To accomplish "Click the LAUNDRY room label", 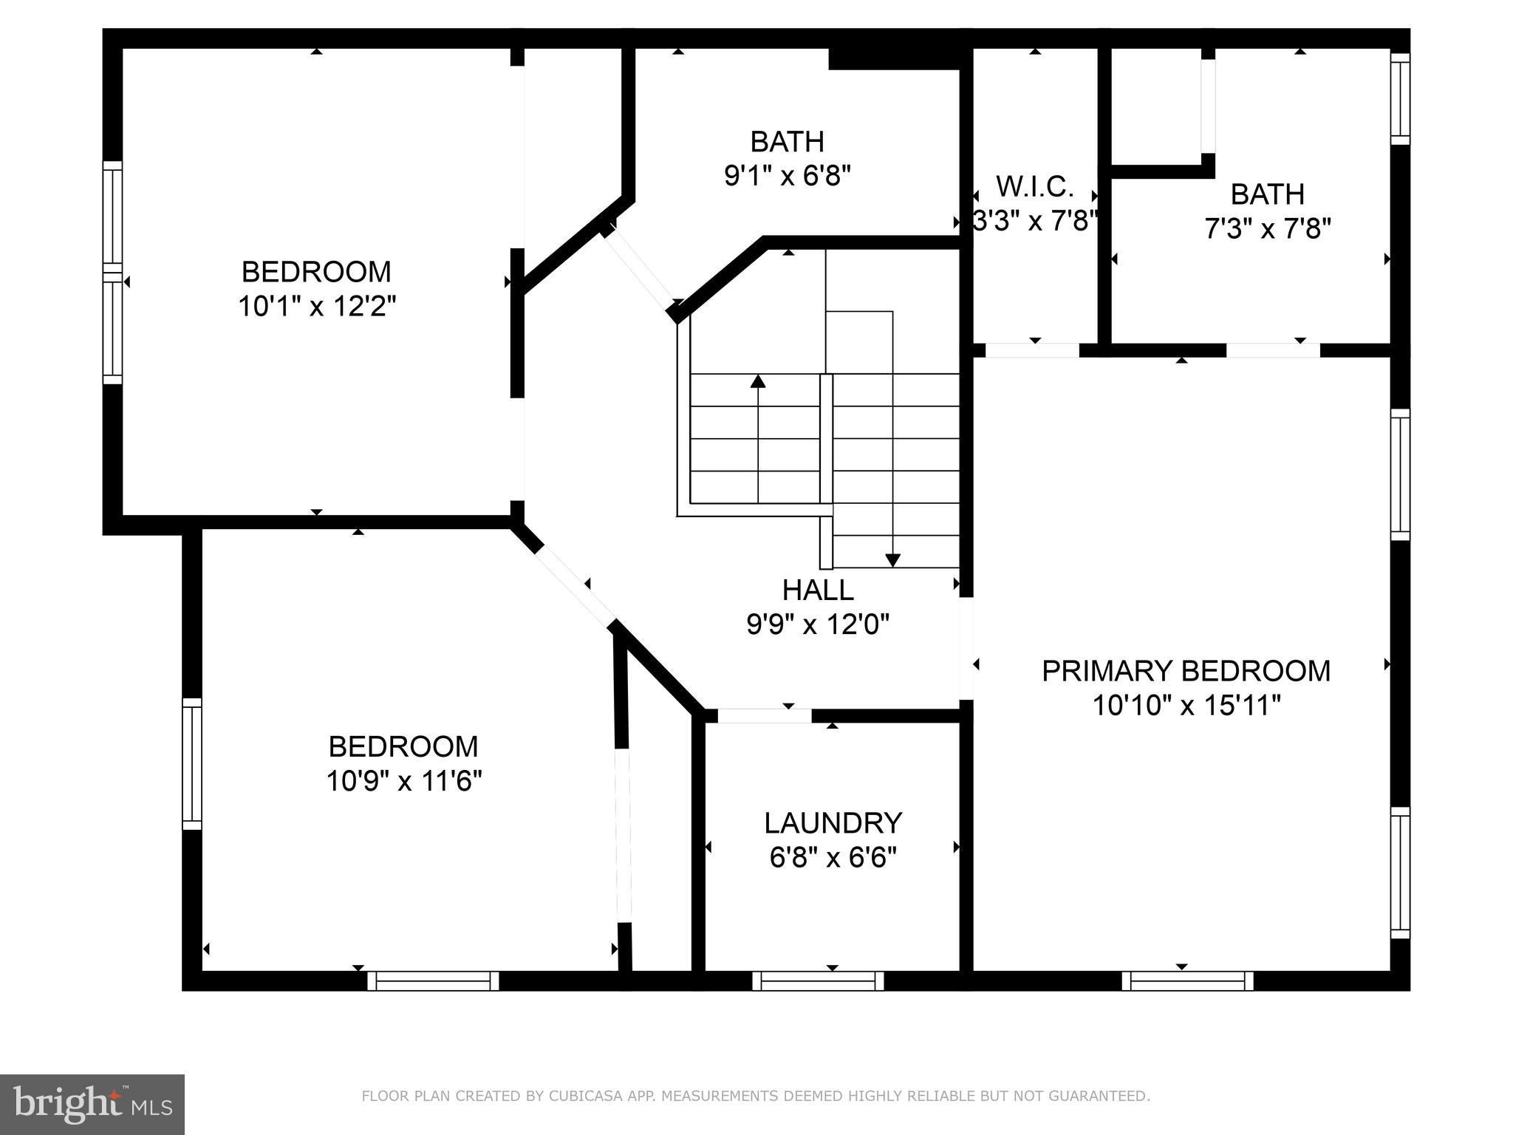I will point(833,823).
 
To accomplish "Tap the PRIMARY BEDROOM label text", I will point(1186,671).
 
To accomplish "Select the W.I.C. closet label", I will point(1034,187).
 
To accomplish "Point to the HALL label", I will point(818,590).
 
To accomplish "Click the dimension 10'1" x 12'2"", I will point(317,306).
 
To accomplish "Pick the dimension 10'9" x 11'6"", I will point(404,780).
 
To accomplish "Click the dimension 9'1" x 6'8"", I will point(787,176).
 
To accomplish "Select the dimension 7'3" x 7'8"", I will point(1267,229).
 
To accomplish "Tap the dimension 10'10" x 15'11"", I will point(1186,706).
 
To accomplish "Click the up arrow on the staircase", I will point(757,382).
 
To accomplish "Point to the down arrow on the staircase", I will point(892,559).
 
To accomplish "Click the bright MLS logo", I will point(92,1105).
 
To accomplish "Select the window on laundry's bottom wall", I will point(818,981).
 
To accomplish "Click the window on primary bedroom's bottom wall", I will point(1187,981).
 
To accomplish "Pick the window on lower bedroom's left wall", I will point(191,764).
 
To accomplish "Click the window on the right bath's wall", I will point(1400,98).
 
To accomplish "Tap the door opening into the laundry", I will point(764,715).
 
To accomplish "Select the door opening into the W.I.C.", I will point(1032,350).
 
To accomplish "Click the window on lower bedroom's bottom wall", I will point(433,981).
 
